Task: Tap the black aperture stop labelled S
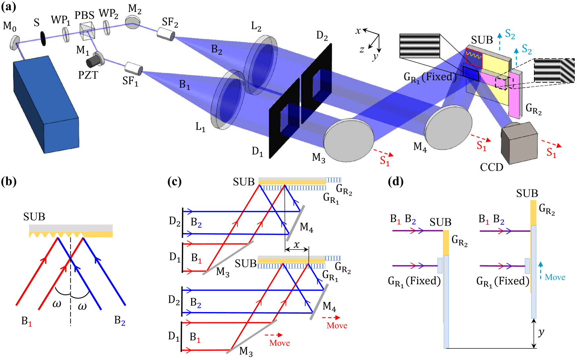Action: (x=43, y=38)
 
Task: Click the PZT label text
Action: (x=88, y=75)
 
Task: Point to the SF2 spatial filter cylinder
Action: (x=166, y=33)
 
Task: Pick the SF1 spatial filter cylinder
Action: (x=134, y=68)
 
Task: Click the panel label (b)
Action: (x=9, y=181)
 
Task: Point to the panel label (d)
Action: (x=395, y=181)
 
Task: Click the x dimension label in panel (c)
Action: (x=297, y=244)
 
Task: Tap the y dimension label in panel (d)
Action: (x=541, y=332)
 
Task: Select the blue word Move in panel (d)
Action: (x=555, y=277)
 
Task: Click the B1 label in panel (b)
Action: (x=26, y=321)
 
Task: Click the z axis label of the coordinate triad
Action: (x=362, y=50)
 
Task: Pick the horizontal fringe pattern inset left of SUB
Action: (x=420, y=46)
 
